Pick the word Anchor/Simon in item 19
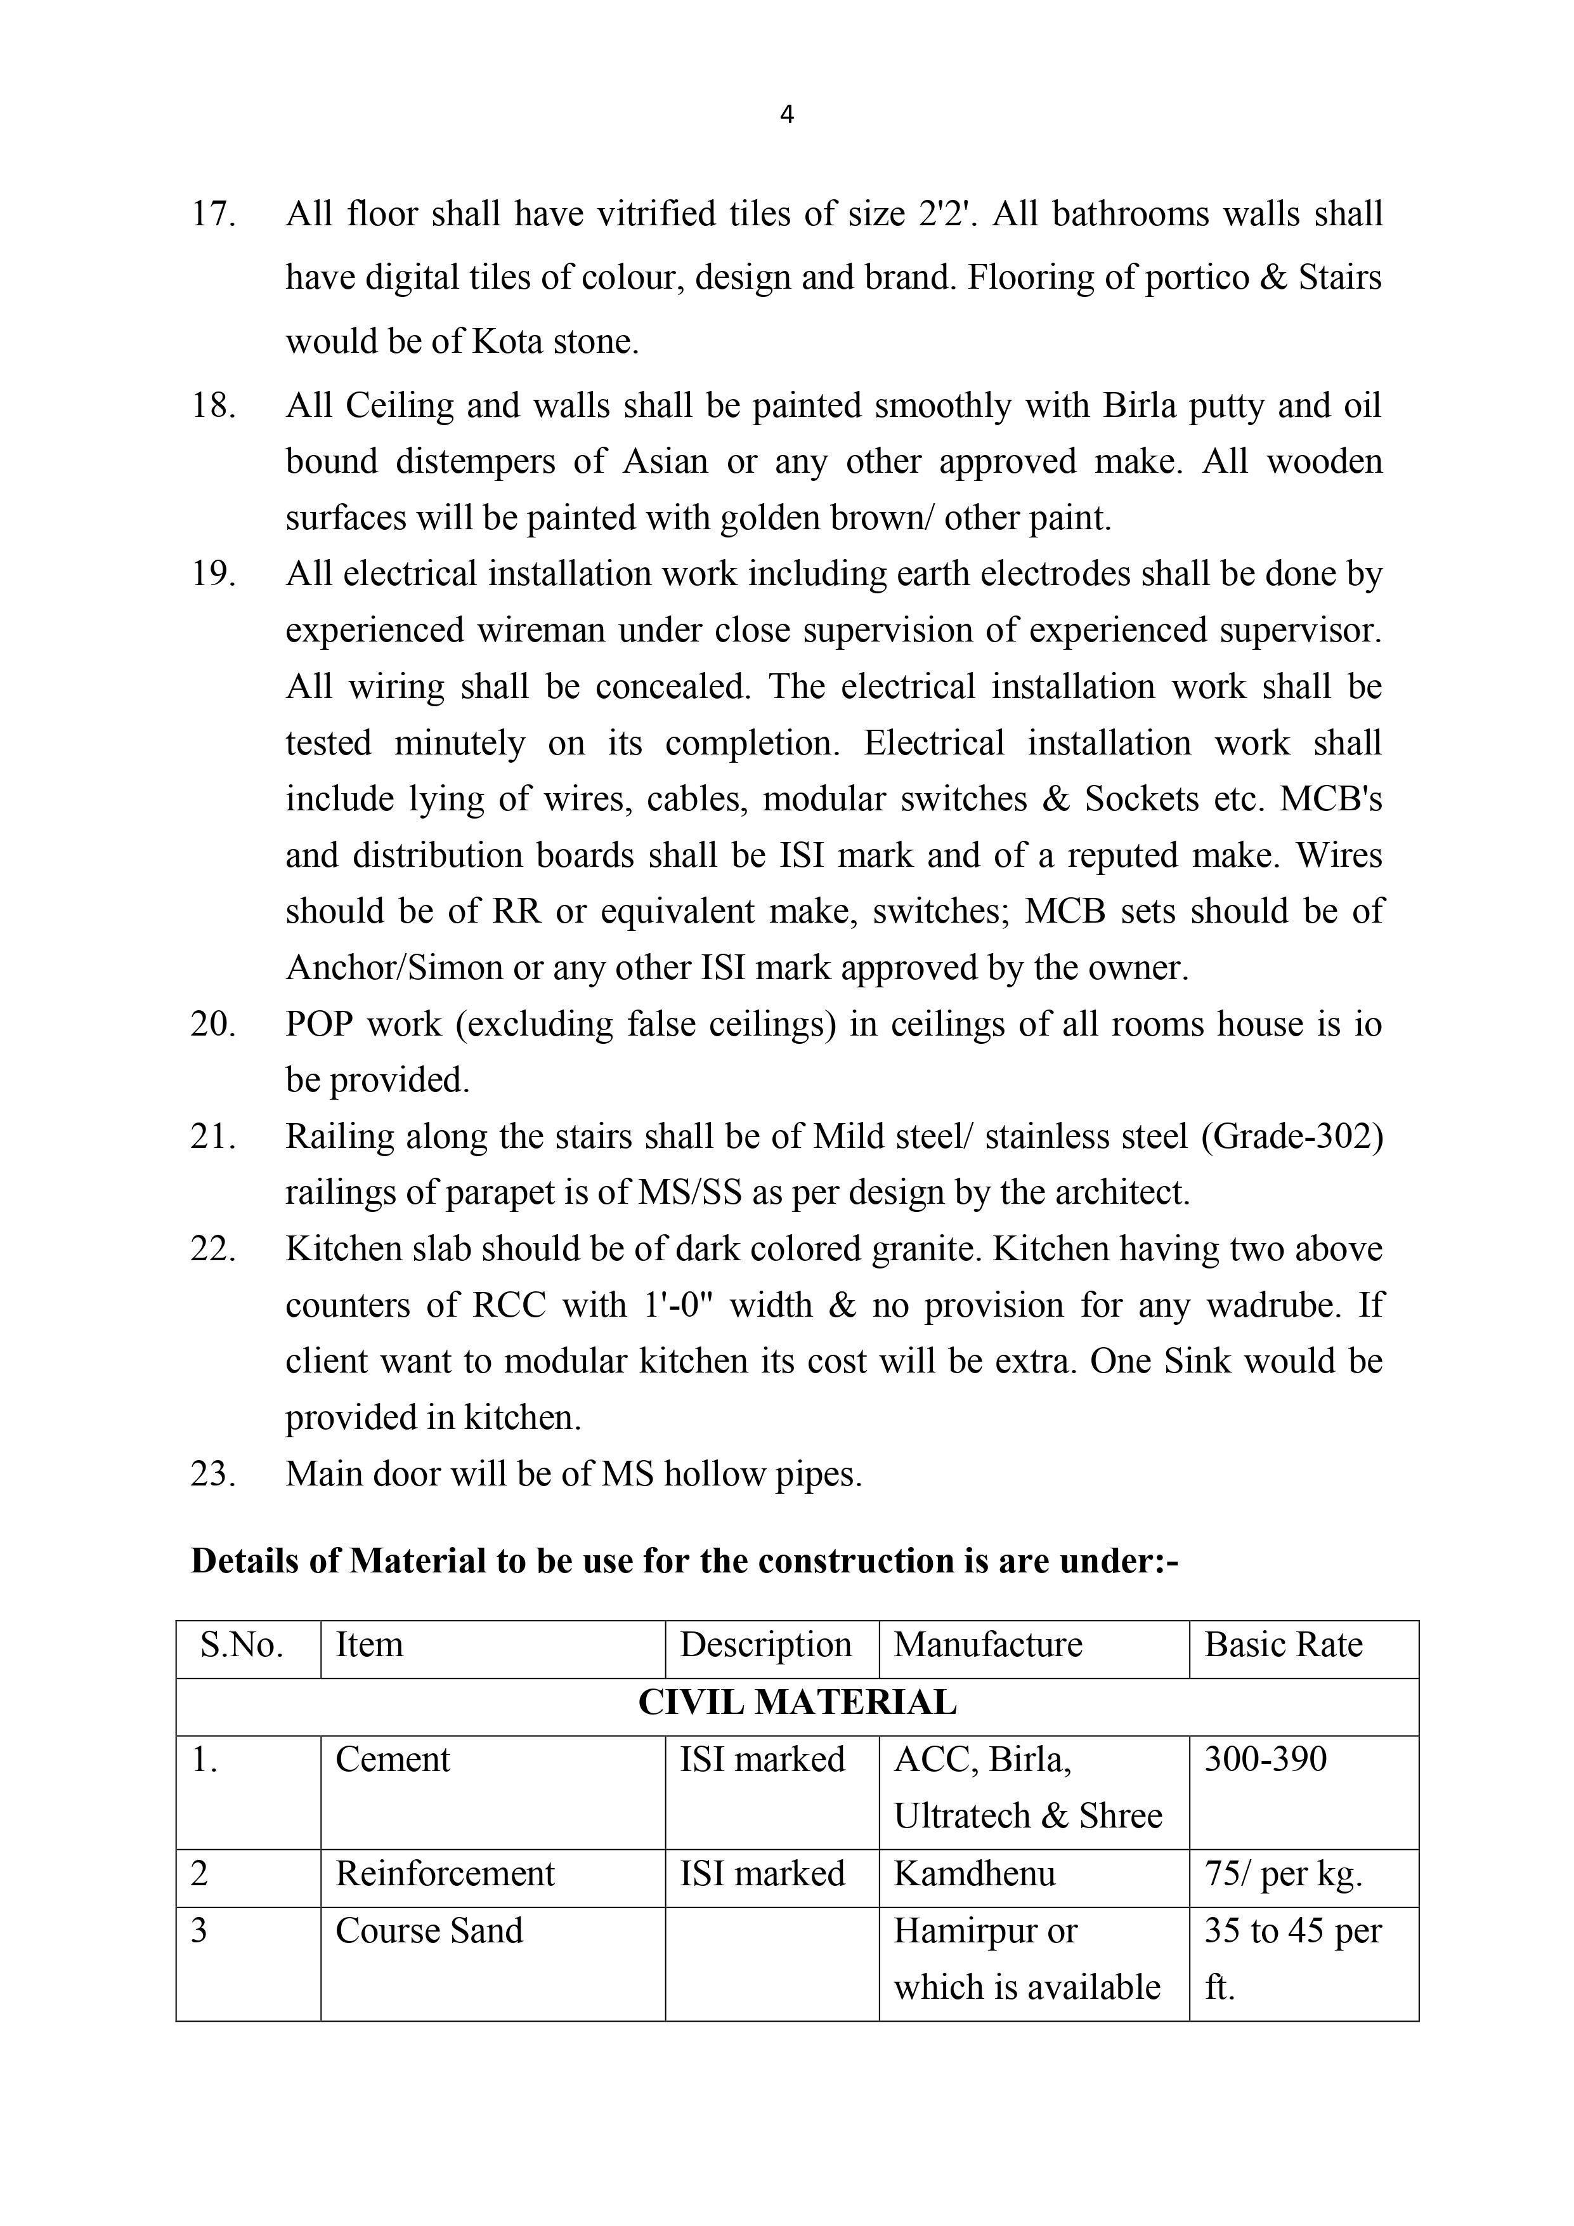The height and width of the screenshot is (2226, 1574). click(x=394, y=968)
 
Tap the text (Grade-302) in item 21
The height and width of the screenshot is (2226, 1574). click(x=1292, y=1136)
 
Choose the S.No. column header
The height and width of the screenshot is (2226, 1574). click(x=242, y=1645)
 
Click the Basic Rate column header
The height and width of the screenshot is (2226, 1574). click(x=1284, y=1645)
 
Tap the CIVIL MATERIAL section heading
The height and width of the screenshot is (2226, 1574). click(x=797, y=1702)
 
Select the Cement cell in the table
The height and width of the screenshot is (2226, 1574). click(x=393, y=1760)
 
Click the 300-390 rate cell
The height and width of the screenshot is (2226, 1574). click(x=1265, y=1760)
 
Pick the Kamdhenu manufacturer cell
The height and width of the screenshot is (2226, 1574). click(x=974, y=1874)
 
